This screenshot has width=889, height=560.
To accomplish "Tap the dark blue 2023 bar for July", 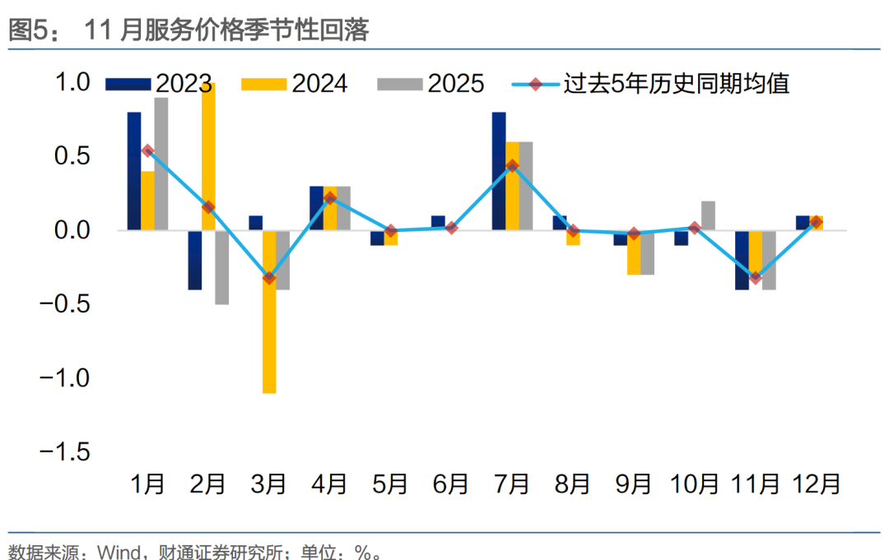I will [x=499, y=171].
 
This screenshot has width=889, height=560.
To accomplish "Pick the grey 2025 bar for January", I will [x=161, y=164].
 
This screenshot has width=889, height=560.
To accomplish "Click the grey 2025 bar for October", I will [x=708, y=215].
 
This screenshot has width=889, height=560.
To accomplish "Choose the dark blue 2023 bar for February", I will [x=194, y=260].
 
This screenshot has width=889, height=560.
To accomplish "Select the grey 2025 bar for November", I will [x=769, y=260].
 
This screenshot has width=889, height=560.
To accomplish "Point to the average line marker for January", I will [x=147, y=150].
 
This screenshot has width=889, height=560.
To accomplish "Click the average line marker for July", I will [x=512, y=165].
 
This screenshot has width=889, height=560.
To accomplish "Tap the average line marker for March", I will [x=268, y=278].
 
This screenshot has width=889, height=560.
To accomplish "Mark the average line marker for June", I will [x=451, y=228].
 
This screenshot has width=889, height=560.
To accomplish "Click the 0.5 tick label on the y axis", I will [x=72, y=156].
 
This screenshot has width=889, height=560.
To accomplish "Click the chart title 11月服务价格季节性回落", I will [x=226, y=30].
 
